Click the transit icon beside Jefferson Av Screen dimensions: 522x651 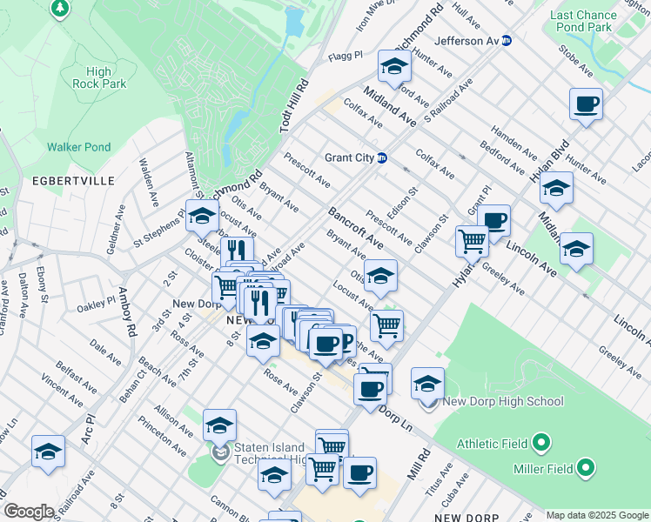pyautogui.click(x=507, y=41)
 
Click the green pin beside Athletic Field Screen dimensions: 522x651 pyautogui.click(x=540, y=444)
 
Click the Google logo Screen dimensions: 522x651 pyautogui.click(x=29, y=512)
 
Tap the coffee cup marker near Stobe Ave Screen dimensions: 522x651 pyautogui.click(x=586, y=105)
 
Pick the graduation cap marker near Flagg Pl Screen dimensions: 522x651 pyautogui.click(x=394, y=66)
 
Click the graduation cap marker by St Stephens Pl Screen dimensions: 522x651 pyautogui.click(x=202, y=215)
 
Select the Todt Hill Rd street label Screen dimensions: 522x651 pyautogui.click(x=293, y=106)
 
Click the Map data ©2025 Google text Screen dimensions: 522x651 pyautogui.click(x=597, y=515)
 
